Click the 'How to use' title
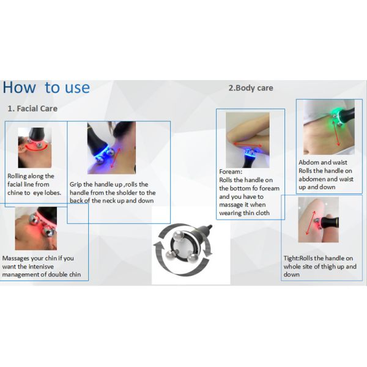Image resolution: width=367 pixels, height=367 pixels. tap(46, 87)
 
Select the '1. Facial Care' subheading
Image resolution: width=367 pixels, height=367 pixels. tap(32, 109)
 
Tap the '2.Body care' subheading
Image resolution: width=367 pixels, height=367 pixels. tap(251, 88)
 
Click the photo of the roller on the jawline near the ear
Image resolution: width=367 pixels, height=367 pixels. tap(35, 147)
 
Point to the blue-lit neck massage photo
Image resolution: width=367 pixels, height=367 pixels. tap(111, 148)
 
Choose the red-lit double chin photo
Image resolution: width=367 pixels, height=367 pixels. tap(36, 228)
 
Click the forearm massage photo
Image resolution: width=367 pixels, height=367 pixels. tap(247, 140)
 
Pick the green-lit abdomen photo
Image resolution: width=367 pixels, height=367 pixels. tap(329, 127)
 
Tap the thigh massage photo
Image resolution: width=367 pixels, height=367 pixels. tap(318, 220)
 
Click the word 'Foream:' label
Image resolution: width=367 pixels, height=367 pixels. tap(231, 171)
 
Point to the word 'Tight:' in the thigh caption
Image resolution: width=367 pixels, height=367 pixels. tap(291, 258)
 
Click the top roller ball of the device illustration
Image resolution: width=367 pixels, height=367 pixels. tap(179, 235)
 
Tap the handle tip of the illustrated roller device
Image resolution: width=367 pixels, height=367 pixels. tap(210, 226)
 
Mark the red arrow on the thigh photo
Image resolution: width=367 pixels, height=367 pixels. tap(311, 223)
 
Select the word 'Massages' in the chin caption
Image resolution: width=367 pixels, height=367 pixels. tap(16, 258)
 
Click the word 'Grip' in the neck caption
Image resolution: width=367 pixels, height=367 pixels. tap(75, 185)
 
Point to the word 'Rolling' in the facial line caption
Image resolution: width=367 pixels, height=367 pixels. tap(17, 176)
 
